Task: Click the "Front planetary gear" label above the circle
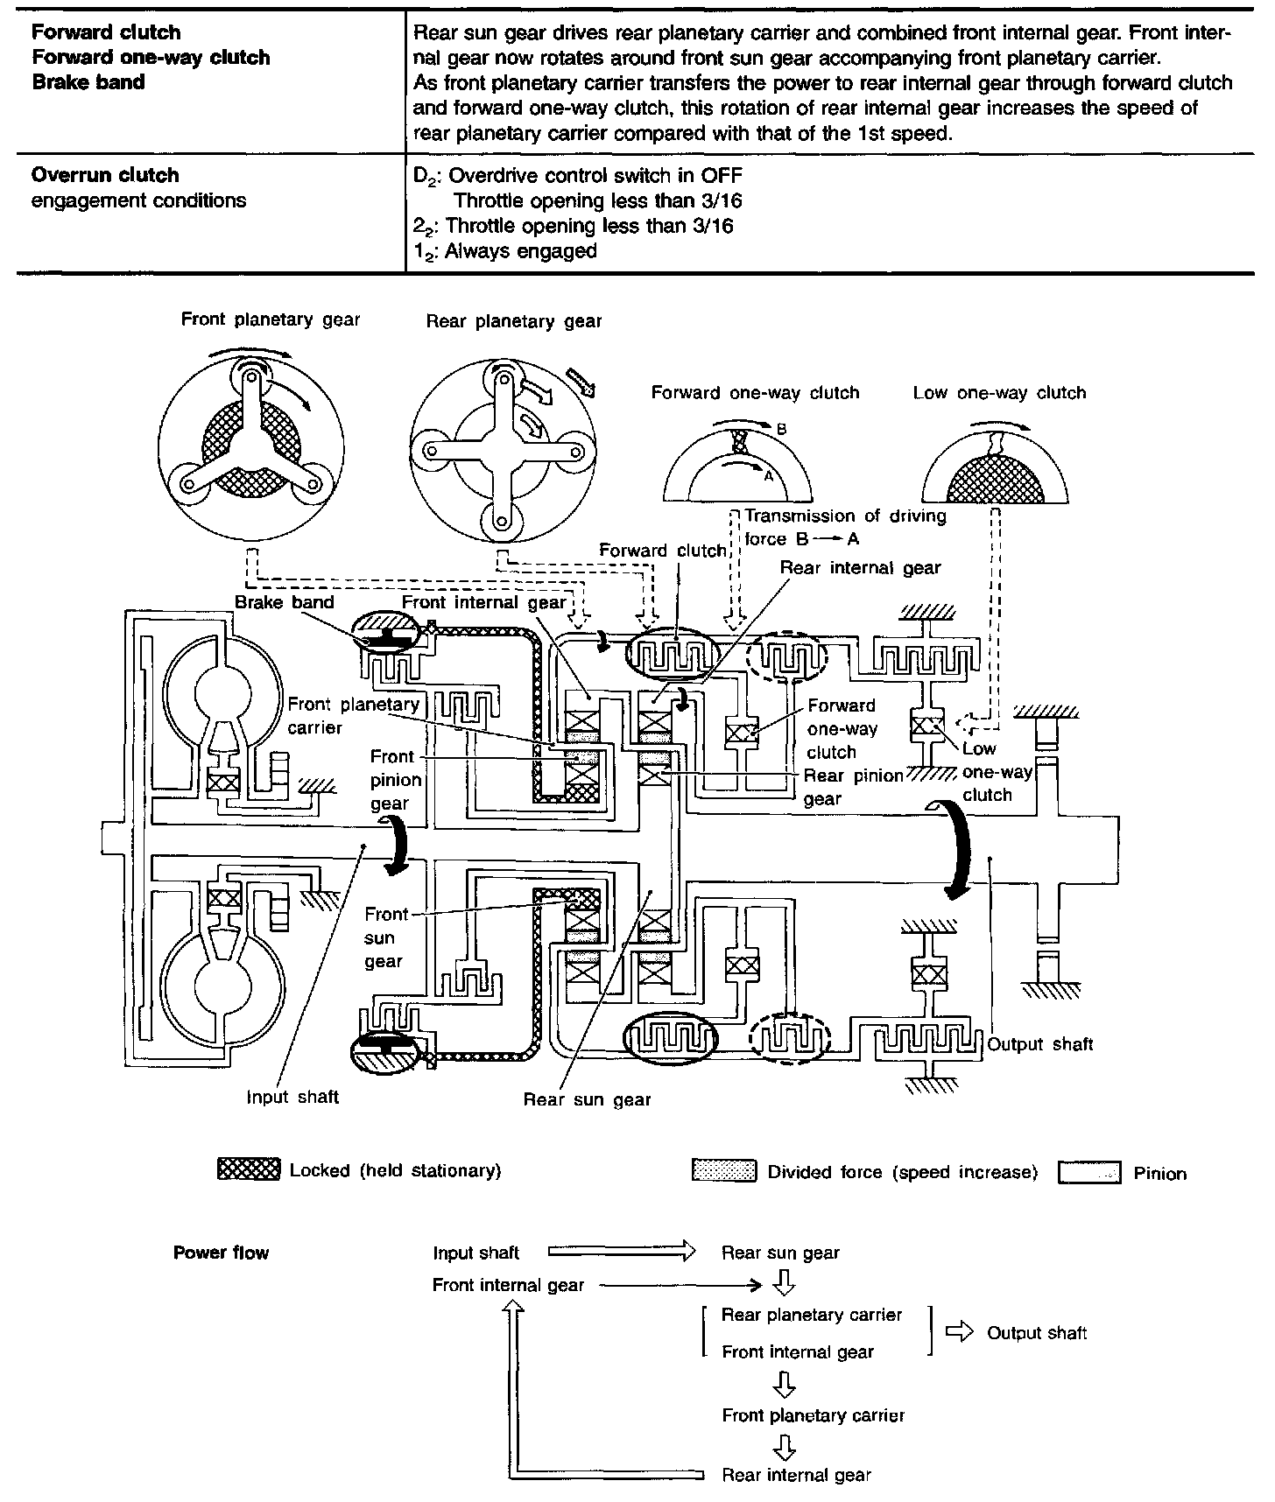tap(271, 319)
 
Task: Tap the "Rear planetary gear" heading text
tap(514, 321)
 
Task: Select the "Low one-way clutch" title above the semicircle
tap(999, 393)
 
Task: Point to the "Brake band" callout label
tap(285, 602)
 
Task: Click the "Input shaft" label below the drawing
tap(292, 1097)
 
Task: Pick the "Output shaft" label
tap(1040, 1043)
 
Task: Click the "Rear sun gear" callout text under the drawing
tap(587, 1099)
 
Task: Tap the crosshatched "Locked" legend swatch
tap(249, 1170)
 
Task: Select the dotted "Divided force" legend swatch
tap(723, 1171)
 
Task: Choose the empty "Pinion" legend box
tap(1089, 1173)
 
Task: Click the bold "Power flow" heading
tap(221, 1253)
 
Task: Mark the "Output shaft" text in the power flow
tap(1037, 1333)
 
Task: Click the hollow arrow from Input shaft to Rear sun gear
tap(621, 1253)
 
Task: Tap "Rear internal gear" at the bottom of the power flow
tap(796, 1475)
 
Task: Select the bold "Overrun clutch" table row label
tap(105, 175)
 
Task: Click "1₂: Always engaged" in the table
tap(505, 251)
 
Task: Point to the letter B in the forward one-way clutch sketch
tap(782, 430)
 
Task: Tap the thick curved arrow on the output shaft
tap(957, 848)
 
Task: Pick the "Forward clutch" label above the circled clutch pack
tap(662, 551)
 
